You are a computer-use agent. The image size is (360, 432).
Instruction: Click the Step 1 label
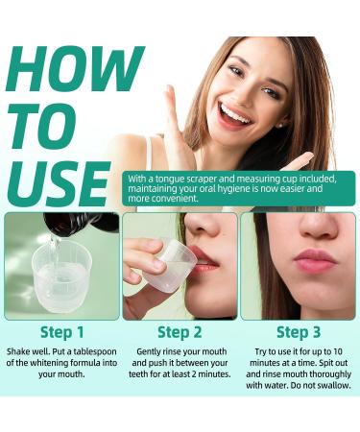[60, 332]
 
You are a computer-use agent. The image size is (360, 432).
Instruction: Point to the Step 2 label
[179, 332]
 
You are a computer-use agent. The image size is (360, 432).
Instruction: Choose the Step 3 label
[297, 332]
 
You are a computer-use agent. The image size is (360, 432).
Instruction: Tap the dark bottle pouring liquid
[76, 223]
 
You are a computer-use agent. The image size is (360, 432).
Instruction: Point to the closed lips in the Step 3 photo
[315, 260]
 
